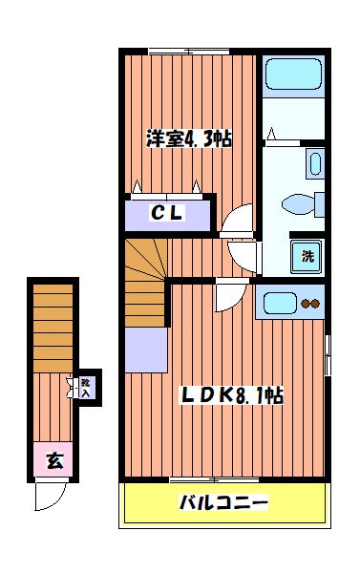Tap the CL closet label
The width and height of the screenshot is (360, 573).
[166, 213]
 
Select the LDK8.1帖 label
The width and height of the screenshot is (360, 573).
[232, 393]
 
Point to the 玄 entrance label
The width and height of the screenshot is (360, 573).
[54, 461]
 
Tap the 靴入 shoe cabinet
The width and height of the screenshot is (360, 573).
[86, 387]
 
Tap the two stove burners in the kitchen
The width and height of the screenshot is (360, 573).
[311, 305]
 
